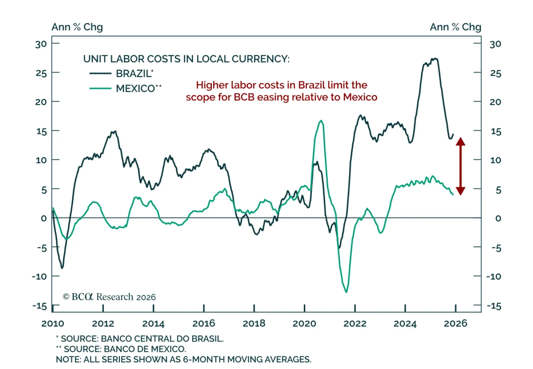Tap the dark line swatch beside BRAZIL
pyautogui.click(x=100, y=73)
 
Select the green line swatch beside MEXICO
pyautogui.click(x=100, y=88)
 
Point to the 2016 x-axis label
pyautogui.click(x=204, y=323)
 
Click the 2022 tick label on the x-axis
pyautogui.click(x=355, y=323)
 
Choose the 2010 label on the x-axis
pyautogui.click(x=53, y=323)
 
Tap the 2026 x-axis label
pyautogui.click(x=455, y=323)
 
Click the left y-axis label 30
pyautogui.click(x=41, y=44)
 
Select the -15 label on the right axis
pyautogui.click(x=494, y=306)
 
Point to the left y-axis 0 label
pyautogui.click(x=44, y=218)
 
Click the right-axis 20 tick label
pyautogui.click(x=495, y=102)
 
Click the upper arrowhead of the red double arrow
pyautogui.click(x=460, y=141)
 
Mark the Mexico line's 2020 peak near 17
pyautogui.click(x=321, y=121)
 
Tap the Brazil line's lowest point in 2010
pyautogui.click(x=62, y=268)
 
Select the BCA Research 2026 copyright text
pyautogui.click(x=109, y=297)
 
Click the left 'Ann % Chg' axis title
pyautogui.click(x=77, y=27)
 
